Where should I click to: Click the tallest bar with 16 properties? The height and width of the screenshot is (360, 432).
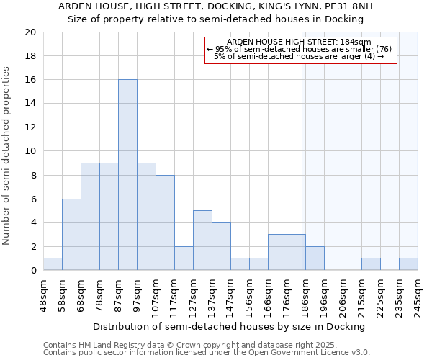coord(127,175)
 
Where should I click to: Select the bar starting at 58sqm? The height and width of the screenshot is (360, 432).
coord(71,235)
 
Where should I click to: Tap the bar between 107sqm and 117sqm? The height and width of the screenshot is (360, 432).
coord(165,222)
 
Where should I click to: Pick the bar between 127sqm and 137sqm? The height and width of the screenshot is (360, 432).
coord(202,240)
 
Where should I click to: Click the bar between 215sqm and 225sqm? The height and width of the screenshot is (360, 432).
coord(371,264)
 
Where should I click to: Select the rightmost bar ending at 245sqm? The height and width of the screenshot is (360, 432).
coord(408,264)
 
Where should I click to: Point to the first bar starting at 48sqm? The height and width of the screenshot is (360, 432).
coord(53,264)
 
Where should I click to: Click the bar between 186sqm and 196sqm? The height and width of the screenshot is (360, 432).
coord(315,258)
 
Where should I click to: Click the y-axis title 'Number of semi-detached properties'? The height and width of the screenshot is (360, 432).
coord(7,156)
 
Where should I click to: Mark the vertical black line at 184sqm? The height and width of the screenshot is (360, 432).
coord(302,180)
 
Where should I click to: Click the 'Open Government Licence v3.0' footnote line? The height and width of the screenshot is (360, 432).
coord(207,352)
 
